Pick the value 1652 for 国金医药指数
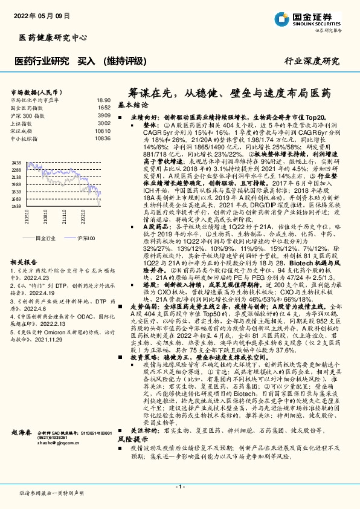tap(104, 107)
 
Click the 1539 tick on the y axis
tap(16, 207)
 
